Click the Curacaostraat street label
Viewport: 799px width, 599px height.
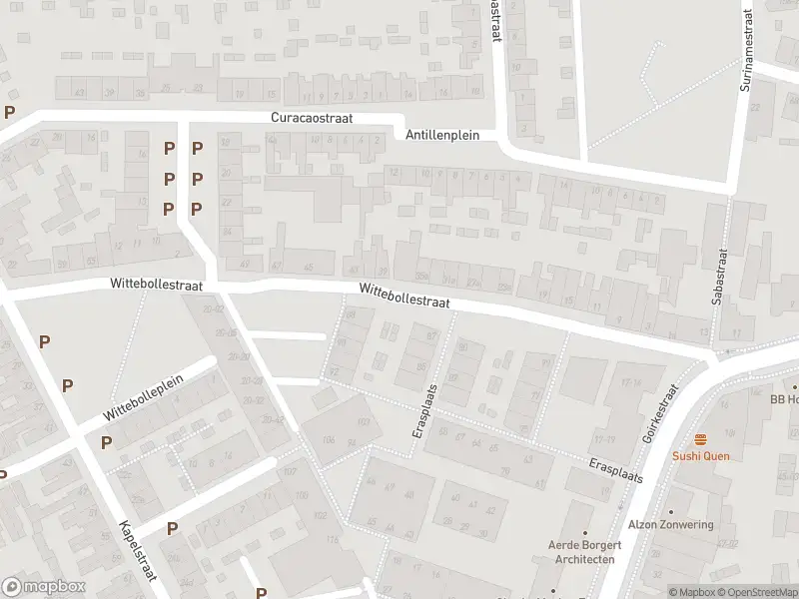319,117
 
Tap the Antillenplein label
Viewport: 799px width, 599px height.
442,135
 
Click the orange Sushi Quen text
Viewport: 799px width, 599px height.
700,456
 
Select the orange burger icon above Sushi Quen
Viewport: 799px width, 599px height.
700,439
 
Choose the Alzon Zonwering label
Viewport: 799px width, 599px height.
671,525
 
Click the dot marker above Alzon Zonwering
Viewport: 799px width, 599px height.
671,508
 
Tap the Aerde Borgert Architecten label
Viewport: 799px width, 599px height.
585,552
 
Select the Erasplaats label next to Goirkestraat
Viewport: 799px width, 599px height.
615,471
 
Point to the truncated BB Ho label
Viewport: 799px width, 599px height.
784,398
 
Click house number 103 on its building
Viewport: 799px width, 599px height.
363,422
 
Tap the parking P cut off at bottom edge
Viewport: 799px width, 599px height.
262,593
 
